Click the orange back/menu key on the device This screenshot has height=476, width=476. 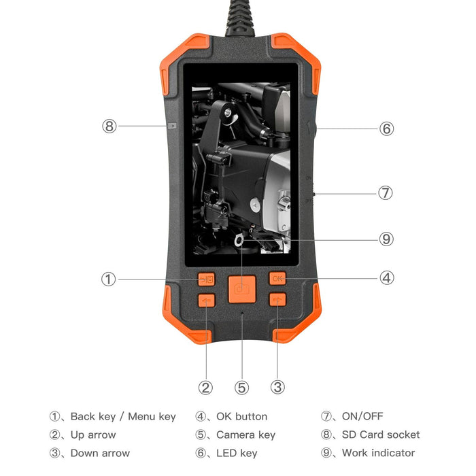click(x=205, y=279)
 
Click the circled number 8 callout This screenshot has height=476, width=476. click(x=110, y=126)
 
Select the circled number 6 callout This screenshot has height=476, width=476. click(x=386, y=129)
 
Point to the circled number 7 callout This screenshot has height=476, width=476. click(x=386, y=193)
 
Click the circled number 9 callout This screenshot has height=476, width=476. click(x=386, y=239)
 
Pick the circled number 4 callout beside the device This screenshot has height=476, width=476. click(x=386, y=277)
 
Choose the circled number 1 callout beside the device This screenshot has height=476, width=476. click(x=109, y=279)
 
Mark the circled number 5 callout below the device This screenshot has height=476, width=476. click(x=241, y=388)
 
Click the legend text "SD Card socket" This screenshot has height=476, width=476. click(x=381, y=435)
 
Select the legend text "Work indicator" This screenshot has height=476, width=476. click(x=378, y=453)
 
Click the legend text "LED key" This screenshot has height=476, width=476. click(x=237, y=453)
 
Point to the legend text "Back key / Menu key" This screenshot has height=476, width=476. click(x=123, y=416)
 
